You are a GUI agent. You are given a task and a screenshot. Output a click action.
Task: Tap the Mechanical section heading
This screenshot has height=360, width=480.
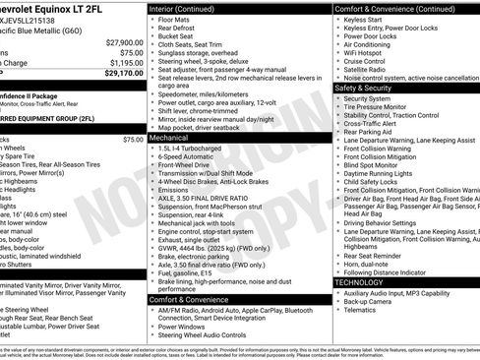click(169, 139)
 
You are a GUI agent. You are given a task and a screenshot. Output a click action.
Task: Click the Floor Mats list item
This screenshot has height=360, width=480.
click(176, 18)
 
